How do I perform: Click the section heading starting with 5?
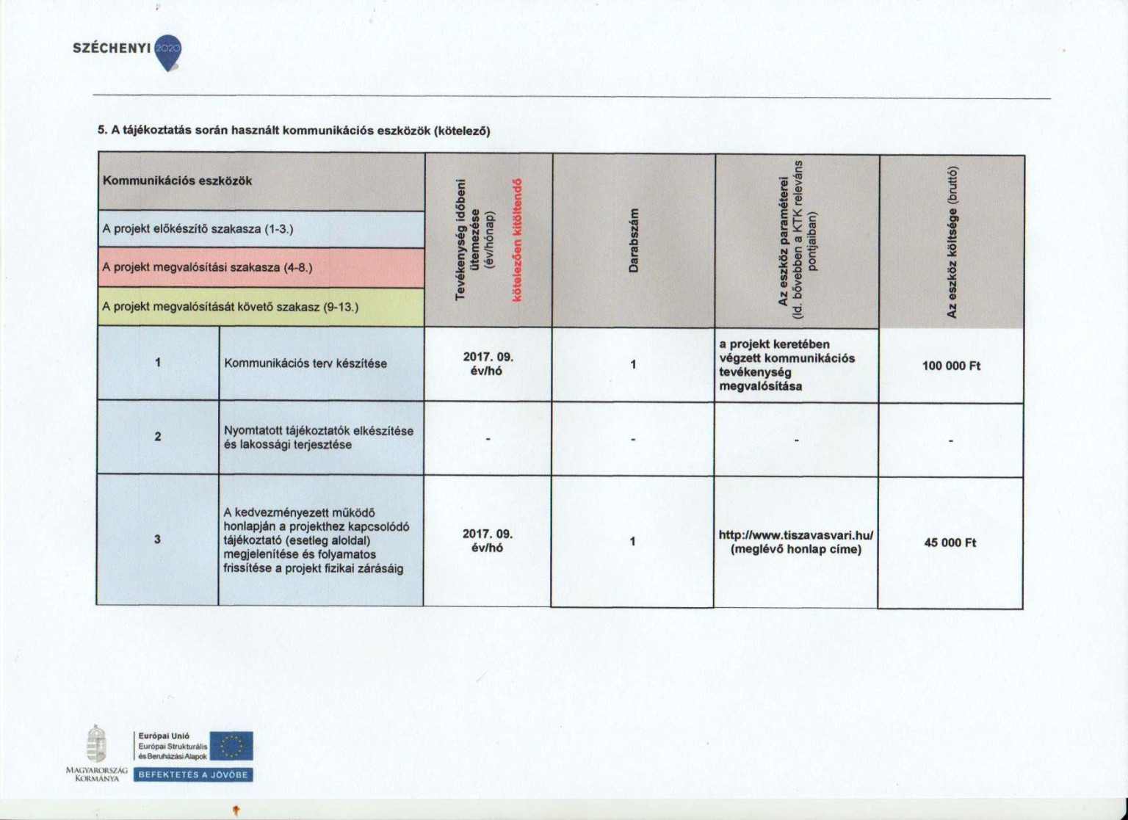tap(293, 131)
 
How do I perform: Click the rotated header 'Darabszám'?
tap(633, 240)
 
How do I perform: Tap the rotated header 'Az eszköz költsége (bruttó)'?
tap(952, 242)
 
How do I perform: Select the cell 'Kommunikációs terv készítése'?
tap(305, 363)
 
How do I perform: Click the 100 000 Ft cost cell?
tap(951, 366)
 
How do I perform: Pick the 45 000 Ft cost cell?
tap(950, 543)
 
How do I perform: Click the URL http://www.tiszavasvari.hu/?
tap(795, 535)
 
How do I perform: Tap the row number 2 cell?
tap(158, 437)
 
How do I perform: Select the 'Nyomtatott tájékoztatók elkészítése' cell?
tap(319, 438)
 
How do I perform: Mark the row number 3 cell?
tap(157, 540)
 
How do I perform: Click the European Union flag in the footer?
tap(232, 745)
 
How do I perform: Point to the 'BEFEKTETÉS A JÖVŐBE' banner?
tap(193, 774)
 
